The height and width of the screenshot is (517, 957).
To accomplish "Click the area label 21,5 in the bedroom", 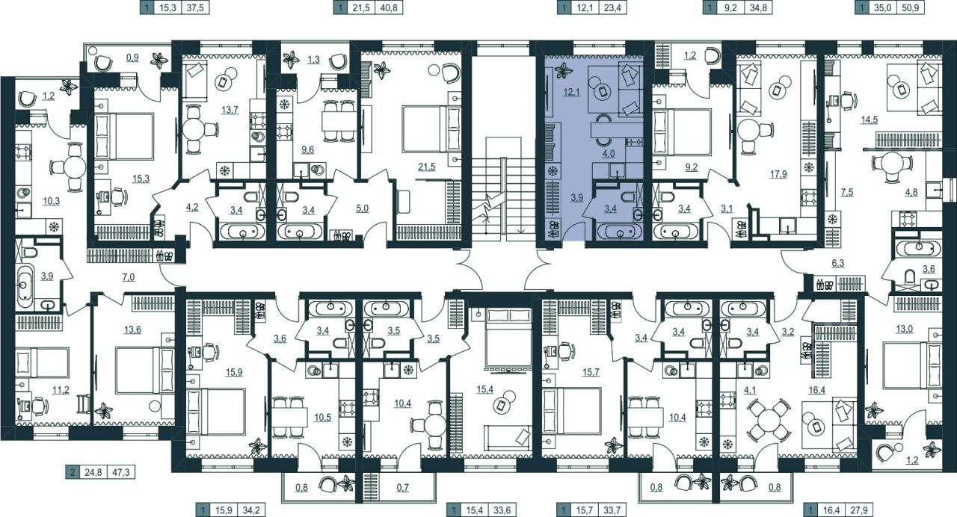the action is [x=427, y=167].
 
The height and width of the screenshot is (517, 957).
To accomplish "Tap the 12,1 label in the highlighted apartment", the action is [x=571, y=92].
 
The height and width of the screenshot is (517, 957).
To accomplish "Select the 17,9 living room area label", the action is [x=778, y=174].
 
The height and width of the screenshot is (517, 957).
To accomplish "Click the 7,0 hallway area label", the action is [x=128, y=277].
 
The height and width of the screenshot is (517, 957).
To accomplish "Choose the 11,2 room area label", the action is [x=61, y=390].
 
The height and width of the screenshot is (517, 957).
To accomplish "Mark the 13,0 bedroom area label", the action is [x=904, y=329].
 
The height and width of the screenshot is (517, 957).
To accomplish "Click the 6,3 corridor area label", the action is [x=838, y=263].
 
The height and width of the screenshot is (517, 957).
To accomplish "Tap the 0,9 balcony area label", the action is [x=132, y=58].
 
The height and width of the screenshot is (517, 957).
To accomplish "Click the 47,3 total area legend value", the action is [x=121, y=473].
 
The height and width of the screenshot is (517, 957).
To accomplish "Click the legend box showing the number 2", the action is [x=73, y=473].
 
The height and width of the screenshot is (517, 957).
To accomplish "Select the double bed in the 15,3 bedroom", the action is [x=124, y=137].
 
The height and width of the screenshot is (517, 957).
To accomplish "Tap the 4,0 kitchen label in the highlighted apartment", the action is [x=609, y=154].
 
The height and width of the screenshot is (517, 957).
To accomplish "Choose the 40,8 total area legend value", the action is [x=388, y=7].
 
